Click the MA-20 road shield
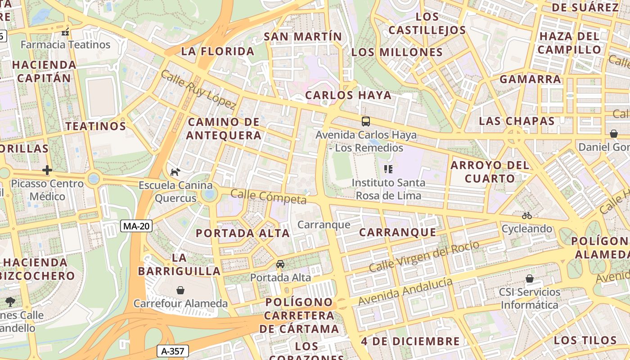tap(136, 226)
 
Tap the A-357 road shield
tap(172, 351)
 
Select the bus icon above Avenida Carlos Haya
tap(366, 121)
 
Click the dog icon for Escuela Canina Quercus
tap(175, 171)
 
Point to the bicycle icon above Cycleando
tap(527, 216)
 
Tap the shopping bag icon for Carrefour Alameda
tap(180, 290)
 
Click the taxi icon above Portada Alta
tap(280, 264)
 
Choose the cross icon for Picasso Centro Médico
tap(47, 170)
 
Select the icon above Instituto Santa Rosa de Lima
tap(388, 169)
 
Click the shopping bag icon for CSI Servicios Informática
tap(530, 279)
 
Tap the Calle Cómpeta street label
tap(268, 197)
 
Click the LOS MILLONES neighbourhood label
tap(397, 52)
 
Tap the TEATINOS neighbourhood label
tap(96, 126)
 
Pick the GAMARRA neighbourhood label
tap(530, 79)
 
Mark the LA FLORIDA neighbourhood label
tap(218, 51)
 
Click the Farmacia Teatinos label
tap(65, 45)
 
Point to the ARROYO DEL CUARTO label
tap(490, 171)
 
